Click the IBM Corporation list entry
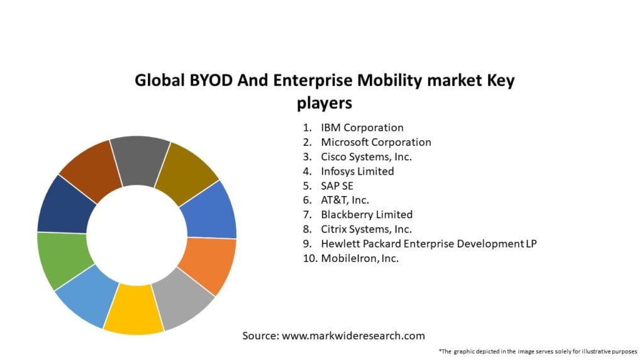click(362, 128)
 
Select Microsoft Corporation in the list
click(375, 142)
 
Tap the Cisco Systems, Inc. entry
click(366, 156)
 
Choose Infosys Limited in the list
click(357, 171)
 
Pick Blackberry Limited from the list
click(367, 214)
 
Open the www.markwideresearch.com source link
click(353, 336)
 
